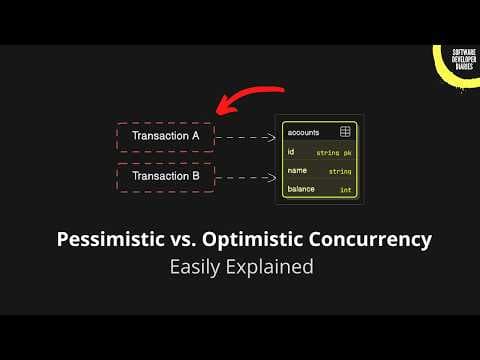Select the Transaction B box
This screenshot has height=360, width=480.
tap(165, 178)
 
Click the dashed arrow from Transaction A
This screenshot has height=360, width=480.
tap(244, 137)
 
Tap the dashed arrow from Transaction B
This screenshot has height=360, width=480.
tap(244, 178)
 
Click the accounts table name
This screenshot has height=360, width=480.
tap(303, 132)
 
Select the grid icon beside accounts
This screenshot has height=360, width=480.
tap(345, 132)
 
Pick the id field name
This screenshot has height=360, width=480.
tap(291, 151)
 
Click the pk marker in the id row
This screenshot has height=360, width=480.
tap(347, 152)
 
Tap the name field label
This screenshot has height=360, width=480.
tap(296, 170)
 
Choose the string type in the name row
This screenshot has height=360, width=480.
tap(341, 171)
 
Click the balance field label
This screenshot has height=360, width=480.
tap(301, 189)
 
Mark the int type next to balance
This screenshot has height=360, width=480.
tap(346, 189)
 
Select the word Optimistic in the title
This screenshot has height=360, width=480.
tap(253, 240)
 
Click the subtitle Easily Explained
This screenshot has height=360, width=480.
tap(240, 267)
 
